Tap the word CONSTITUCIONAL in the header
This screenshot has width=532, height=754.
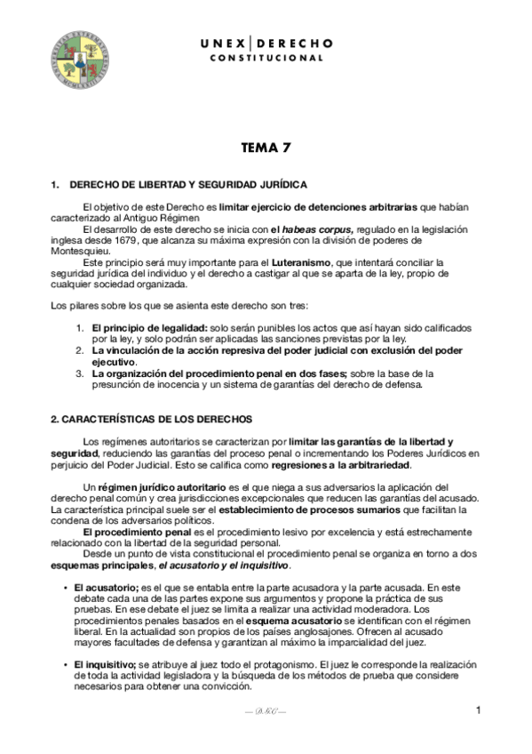pos(266,58)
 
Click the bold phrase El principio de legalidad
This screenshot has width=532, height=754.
pos(148,328)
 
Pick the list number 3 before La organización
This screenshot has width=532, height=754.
pos(79,373)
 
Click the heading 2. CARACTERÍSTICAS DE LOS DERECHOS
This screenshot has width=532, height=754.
pos(151,418)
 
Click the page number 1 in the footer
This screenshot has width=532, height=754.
pos(478,710)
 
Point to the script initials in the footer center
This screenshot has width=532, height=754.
pos(266,711)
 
